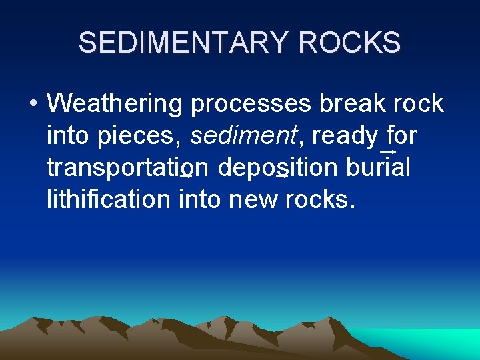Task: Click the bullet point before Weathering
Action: point(33,104)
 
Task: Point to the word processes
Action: point(251,104)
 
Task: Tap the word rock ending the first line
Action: point(419,104)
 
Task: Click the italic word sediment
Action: point(242,136)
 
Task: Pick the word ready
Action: point(345,136)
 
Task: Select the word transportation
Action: point(129,168)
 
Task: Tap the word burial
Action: point(379,168)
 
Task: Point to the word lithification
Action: point(109,199)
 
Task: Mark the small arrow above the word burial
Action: point(389,152)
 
